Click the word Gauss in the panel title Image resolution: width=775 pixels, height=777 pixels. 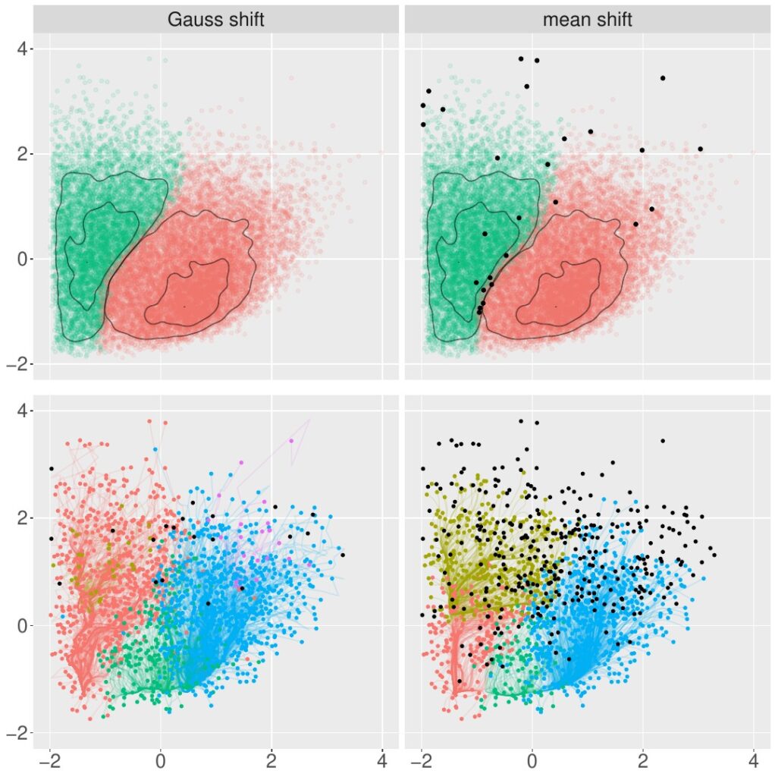[193, 19]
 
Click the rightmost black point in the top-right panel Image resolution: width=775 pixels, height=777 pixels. [700, 149]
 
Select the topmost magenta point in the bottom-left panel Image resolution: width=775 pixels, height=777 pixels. [290, 440]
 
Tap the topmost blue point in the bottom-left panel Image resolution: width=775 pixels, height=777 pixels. [155, 450]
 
